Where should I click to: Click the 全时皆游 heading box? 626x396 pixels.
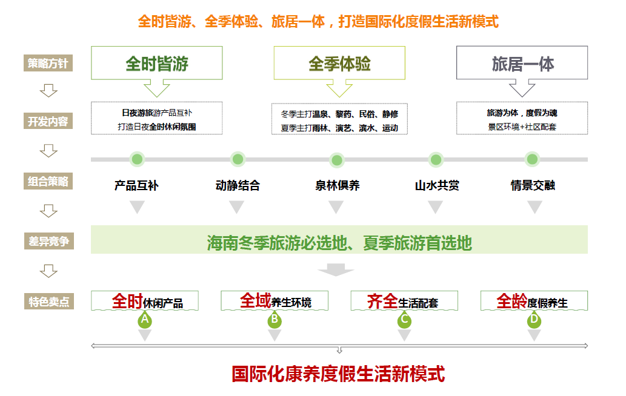pyautogui.click(x=157, y=64)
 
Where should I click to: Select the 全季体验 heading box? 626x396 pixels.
pyautogui.click(x=339, y=64)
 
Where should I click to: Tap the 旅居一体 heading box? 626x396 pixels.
pyautogui.click(x=522, y=64)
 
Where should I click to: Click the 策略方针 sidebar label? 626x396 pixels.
pyautogui.click(x=48, y=63)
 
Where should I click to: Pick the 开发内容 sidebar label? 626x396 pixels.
pyautogui.click(x=48, y=121)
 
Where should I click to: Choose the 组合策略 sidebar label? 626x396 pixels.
pyautogui.click(x=48, y=180)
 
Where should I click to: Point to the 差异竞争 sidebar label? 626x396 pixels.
pyautogui.click(x=48, y=241)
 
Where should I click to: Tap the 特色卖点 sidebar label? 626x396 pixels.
pyautogui.click(x=48, y=301)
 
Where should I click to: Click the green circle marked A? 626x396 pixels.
pyautogui.click(x=145, y=319)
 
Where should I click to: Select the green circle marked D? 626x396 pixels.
pyautogui.click(x=534, y=319)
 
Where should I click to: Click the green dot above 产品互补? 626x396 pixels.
pyautogui.click(x=138, y=159)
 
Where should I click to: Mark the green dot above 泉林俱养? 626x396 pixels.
pyautogui.click(x=336, y=160)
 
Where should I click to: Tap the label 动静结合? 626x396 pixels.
pyautogui.click(x=238, y=186)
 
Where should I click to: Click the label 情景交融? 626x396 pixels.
pyautogui.click(x=533, y=186)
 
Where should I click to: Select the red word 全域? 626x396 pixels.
pyautogui.click(x=255, y=300)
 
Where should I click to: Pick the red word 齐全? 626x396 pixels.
pyautogui.click(x=382, y=301)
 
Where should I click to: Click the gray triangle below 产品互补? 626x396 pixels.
pyautogui.click(x=138, y=207)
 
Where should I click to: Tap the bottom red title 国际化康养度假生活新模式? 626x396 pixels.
pyautogui.click(x=338, y=374)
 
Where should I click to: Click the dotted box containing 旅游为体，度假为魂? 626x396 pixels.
pyautogui.click(x=522, y=118)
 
